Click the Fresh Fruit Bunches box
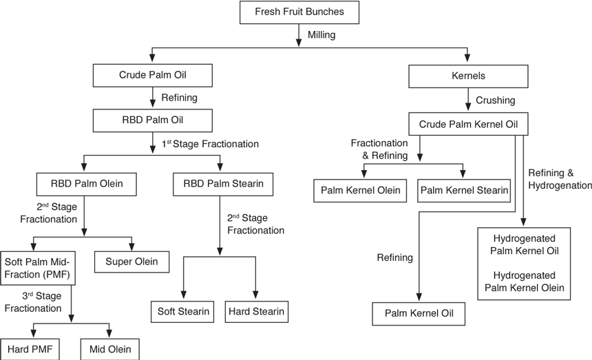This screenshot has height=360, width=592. (x=299, y=12)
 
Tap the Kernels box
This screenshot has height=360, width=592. (x=468, y=76)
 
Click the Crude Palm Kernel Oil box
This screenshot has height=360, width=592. (x=468, y=125)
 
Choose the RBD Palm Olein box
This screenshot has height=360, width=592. (x=83, y=184)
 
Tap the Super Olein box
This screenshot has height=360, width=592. (x=132, y=262)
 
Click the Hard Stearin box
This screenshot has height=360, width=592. (x=256, y=311)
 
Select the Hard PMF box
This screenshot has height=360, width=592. (x=29, y=349)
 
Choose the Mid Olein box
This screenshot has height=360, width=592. (x=110, y=349)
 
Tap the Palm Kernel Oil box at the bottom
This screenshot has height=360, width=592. (x=419, y=313)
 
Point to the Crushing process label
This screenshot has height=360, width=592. (x=496, y=100)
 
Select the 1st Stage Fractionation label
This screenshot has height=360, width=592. (x=210, y=145)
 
